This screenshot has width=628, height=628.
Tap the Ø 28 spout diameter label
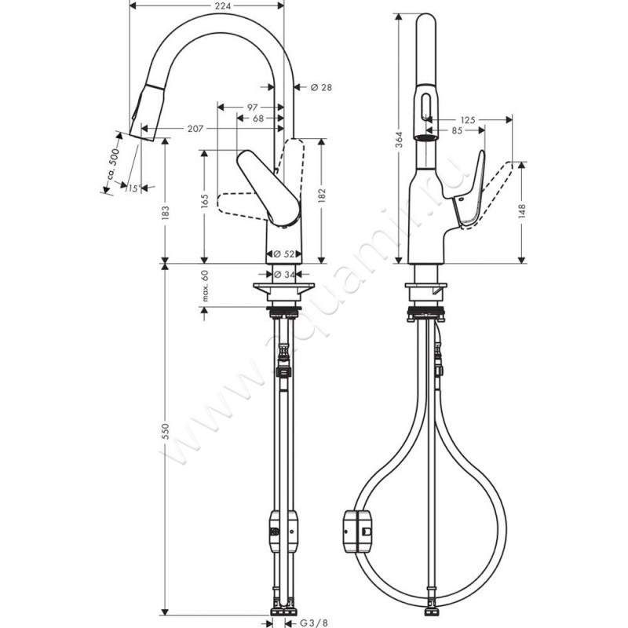coord(321,87)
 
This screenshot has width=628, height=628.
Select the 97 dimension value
coord(252,108)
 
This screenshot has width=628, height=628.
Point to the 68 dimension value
coord(258,119)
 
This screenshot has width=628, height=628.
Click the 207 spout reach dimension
coord(195,129)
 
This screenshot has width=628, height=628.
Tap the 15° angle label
coord(133,188)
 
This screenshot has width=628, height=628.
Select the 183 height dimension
coord(166,213)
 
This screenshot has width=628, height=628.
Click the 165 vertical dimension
coord(205,201)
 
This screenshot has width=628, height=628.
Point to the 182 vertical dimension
coord(322,195)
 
